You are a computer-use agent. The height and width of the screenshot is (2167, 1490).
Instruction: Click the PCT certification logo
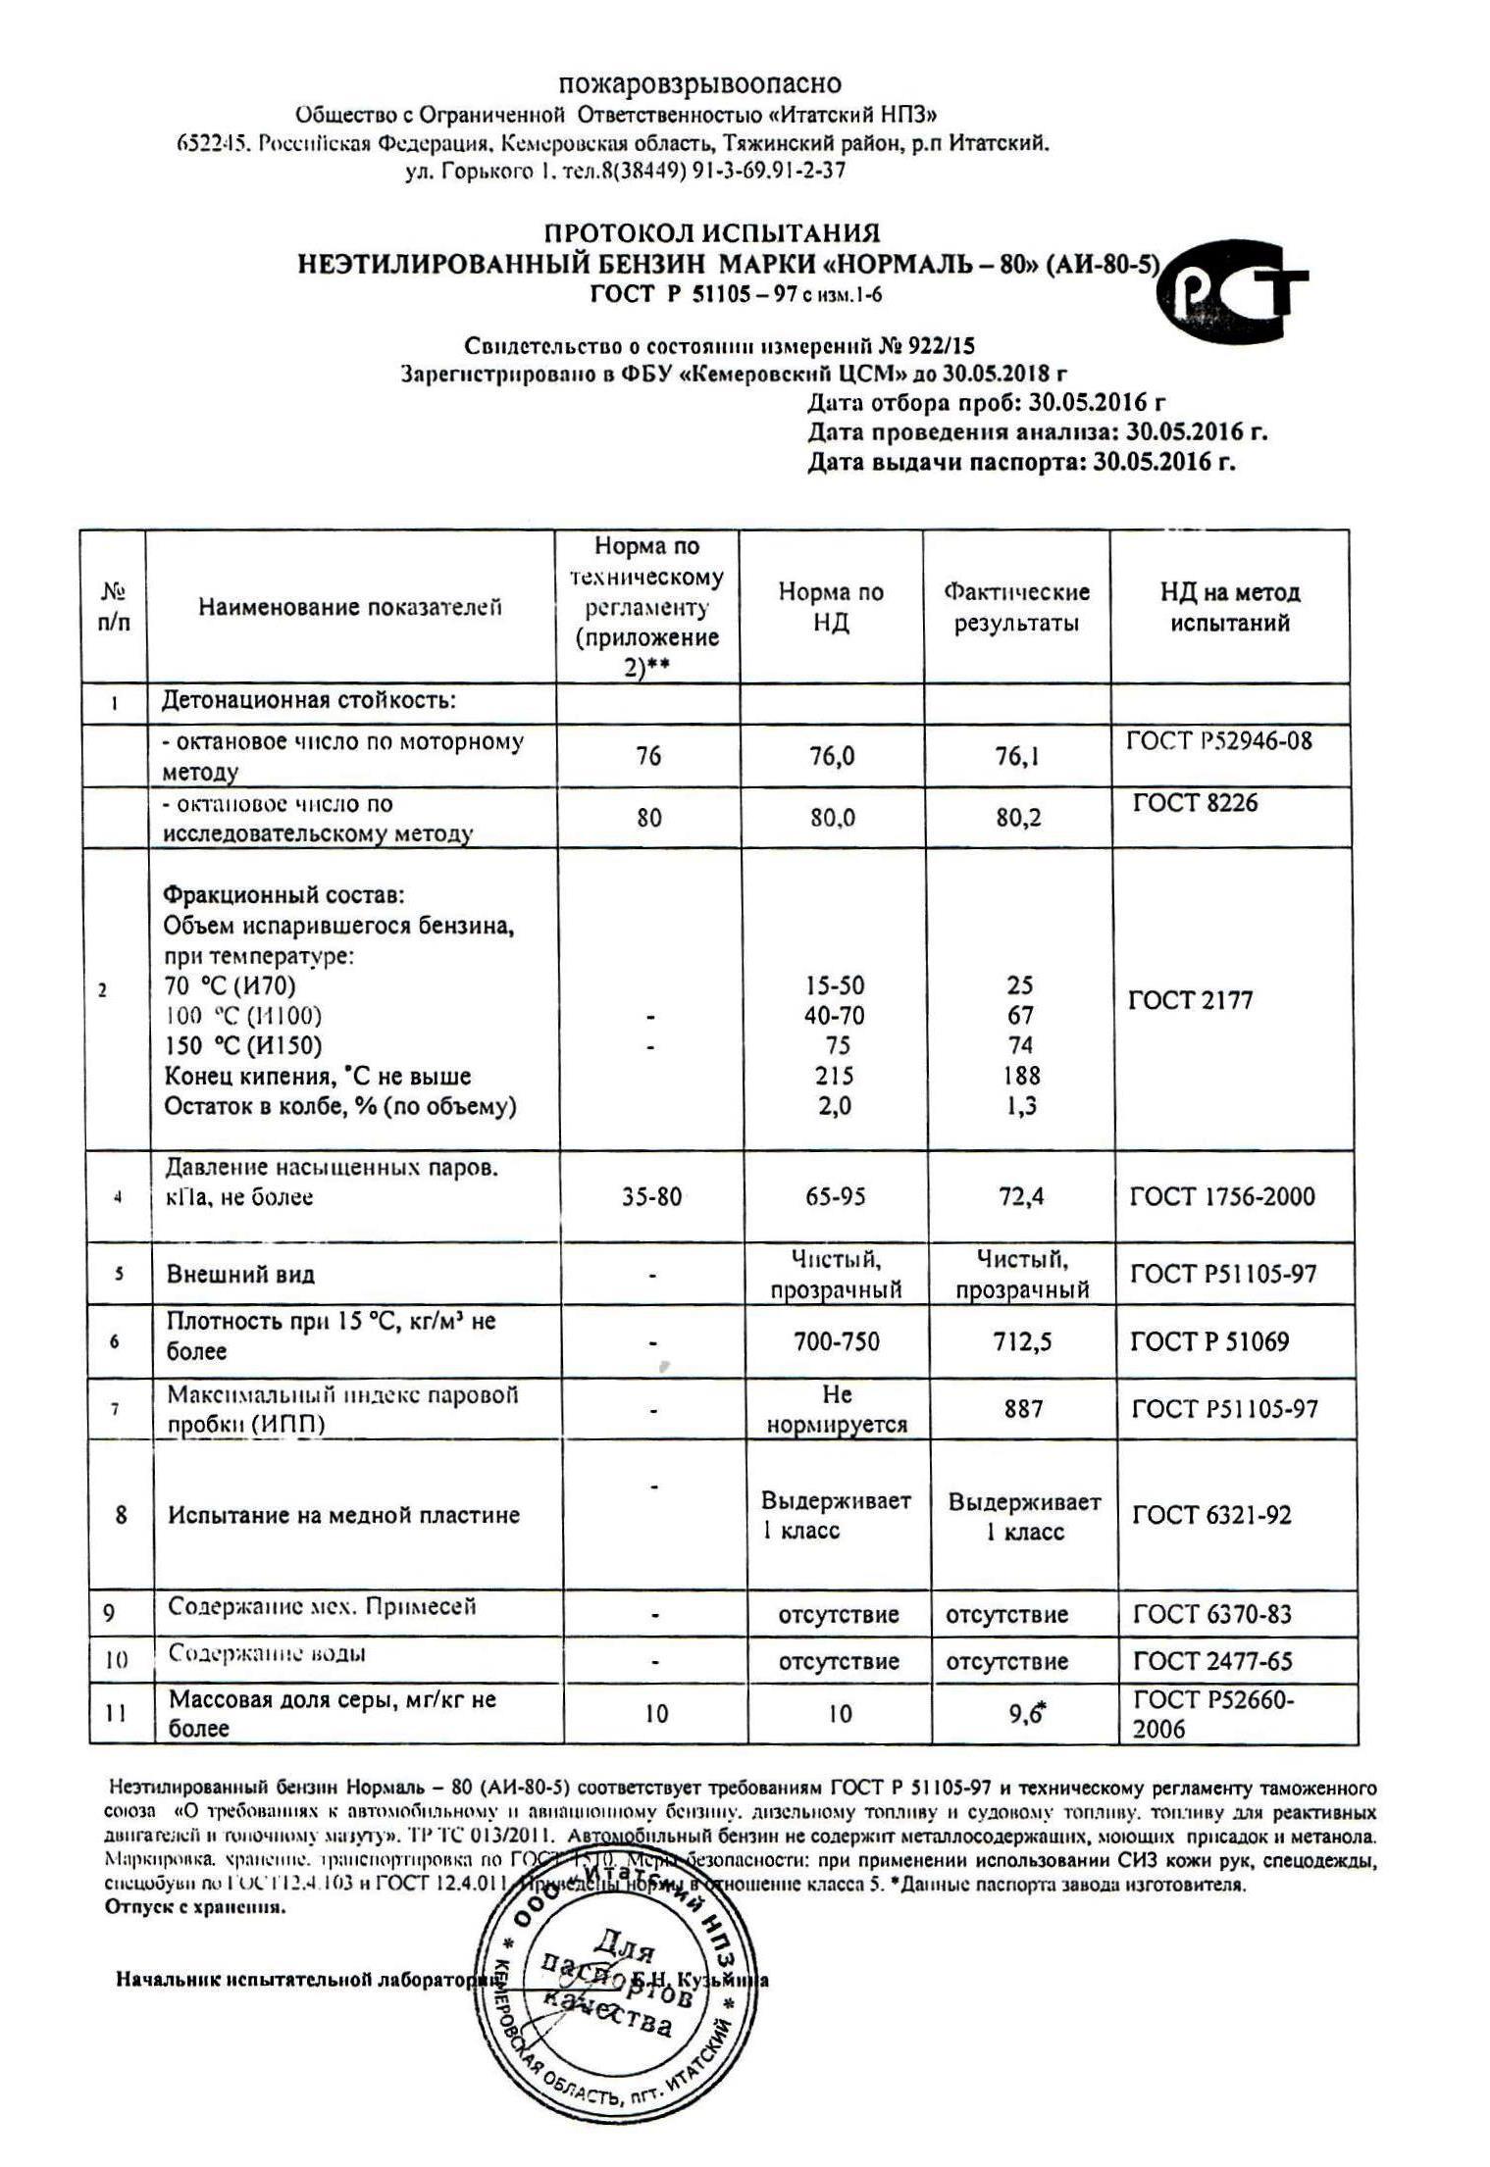click(x=1231, y=290)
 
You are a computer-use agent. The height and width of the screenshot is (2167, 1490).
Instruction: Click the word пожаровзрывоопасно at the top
click(x=699, y=83)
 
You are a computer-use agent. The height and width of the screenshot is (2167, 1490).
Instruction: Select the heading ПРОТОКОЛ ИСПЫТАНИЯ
click(x=712, y=233)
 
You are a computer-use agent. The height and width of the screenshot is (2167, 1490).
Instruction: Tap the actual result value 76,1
click(x=1017, y=756)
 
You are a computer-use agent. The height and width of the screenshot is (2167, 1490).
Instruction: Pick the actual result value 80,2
click(x=1018, y=817)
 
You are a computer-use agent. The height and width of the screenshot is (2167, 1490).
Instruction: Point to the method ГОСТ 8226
click(x=1195, y=803)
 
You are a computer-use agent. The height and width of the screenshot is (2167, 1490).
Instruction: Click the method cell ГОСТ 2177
click(x=1191, y=1000)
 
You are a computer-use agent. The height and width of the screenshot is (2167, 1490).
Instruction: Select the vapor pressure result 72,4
click(x=1020, y=1196)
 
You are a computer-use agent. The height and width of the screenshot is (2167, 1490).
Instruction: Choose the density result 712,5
click(x=1021, y=1341)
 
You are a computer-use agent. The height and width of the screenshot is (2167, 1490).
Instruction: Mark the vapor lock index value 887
click(x=1022, y=1409)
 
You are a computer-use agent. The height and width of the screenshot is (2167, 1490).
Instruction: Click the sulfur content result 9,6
click(x=1023, y=1713)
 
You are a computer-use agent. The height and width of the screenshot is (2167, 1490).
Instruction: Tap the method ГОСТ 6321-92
click(x=1211, y=1515)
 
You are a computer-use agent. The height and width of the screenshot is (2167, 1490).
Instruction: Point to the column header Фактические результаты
click(x=1016, y=607)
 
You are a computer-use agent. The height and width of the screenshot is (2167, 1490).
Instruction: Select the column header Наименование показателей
click(x=350, y=607)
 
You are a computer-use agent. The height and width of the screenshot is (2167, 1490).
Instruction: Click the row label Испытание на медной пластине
click(x=343, y=1515)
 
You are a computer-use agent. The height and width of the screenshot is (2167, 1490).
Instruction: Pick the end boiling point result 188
click(x=1021, y=1076)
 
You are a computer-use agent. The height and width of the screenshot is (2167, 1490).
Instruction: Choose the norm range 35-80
click(x=651, y=1196)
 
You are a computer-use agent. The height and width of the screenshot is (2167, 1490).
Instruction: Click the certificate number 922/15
click(x=938, y=345)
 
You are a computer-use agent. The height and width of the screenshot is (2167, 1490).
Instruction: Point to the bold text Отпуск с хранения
click(x=195, y=1907)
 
